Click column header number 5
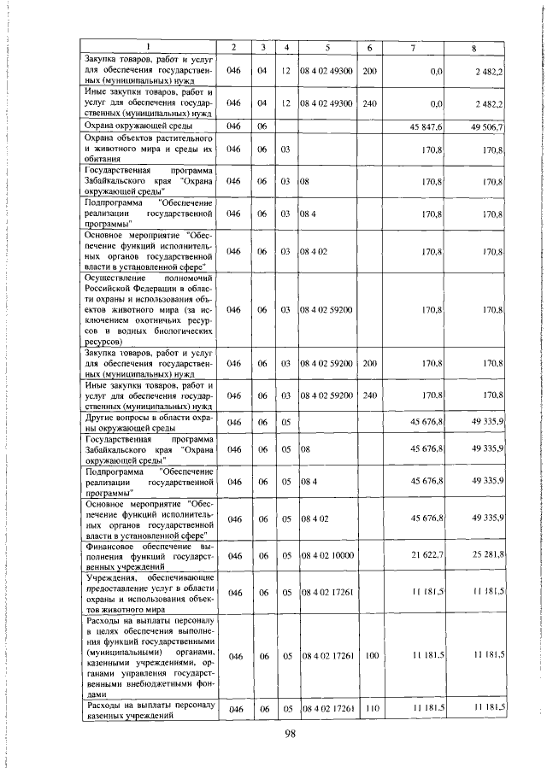click(327, 45)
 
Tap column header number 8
click(475, 45)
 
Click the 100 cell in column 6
click(368, 655)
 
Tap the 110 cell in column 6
click(368, 710)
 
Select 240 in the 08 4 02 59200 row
click(368, 395)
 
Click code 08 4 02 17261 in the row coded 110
click(327, 710)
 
